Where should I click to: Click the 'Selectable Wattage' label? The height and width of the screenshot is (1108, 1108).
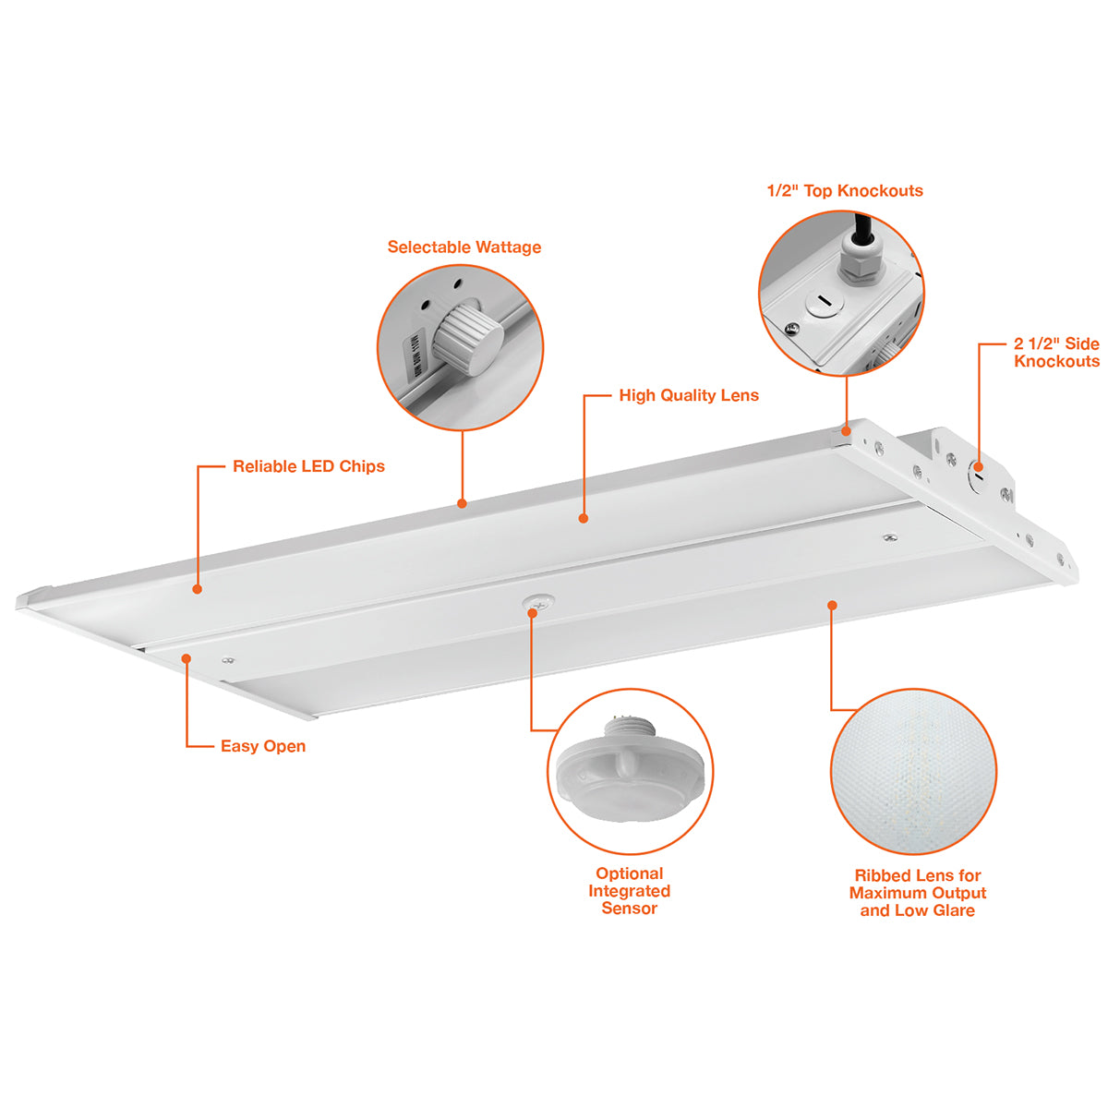tap(464, 247)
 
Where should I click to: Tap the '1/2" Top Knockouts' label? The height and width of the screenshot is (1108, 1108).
tap(845, 191)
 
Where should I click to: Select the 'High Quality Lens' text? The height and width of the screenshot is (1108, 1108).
tap(689, 395)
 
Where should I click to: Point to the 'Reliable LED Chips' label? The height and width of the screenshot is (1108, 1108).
tap(308, 466)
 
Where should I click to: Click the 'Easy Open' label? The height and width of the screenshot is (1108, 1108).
tap(263, 746)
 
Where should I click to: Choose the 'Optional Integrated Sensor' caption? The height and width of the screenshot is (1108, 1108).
tap(630, 891)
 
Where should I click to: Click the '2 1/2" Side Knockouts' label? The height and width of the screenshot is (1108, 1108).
tap(1056, 353)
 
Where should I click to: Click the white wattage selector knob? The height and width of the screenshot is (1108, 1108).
tap(467, 340)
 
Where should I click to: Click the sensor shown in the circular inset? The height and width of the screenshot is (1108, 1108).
tap(630, 771)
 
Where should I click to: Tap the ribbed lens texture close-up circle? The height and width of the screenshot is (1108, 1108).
tap(914, 771)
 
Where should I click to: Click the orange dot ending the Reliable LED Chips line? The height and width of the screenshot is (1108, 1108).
tap(198, 589)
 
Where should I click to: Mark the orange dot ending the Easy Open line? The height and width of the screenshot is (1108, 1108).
tap(187, 658)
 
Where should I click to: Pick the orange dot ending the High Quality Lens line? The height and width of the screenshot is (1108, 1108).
tap(584, 519)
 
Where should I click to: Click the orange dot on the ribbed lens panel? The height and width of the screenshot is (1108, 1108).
tap(832, 605)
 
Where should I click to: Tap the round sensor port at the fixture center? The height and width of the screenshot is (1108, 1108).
tap(538, 602)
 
